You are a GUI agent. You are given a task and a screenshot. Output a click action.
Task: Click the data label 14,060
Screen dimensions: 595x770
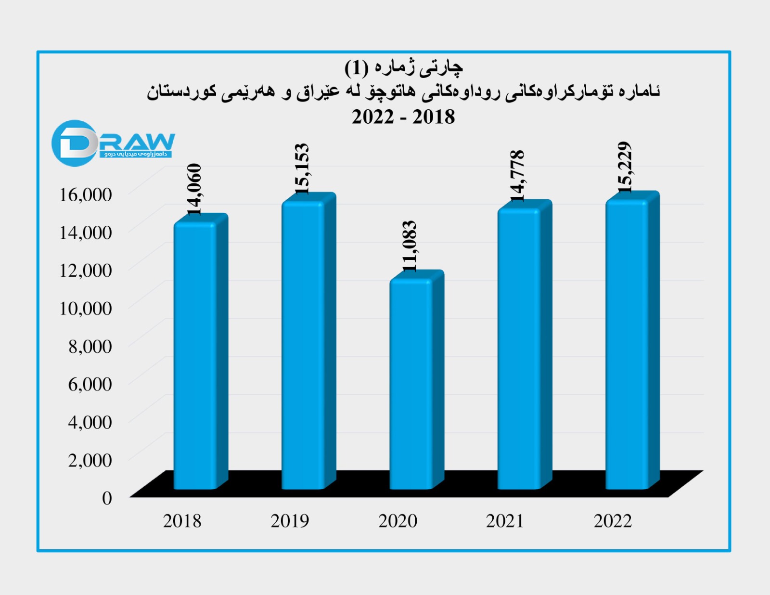click(194, 189)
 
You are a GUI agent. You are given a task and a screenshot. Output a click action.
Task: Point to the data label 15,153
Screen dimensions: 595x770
click(302, 168)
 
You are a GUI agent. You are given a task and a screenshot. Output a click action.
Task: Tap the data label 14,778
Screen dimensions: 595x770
click(517, 175)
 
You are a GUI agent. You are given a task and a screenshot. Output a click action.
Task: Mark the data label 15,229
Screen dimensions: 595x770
click(625, 168)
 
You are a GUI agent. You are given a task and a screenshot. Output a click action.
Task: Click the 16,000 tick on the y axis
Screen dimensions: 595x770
click(85, 194)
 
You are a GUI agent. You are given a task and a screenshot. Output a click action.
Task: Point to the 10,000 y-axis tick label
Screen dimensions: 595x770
click(85, 308)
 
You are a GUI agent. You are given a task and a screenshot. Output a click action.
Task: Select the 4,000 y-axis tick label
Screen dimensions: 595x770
click(90, 422)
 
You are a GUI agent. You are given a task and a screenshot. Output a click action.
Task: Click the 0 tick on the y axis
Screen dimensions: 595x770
click(107, 498)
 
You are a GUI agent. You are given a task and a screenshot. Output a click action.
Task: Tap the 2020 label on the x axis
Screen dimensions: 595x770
click(398, 521)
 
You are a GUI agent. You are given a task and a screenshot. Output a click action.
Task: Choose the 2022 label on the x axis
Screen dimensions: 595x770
click(613, 521)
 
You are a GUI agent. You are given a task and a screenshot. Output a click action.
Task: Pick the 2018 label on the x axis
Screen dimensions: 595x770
click(182, 521)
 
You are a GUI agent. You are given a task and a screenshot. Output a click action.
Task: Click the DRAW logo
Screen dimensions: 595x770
click(113, 143)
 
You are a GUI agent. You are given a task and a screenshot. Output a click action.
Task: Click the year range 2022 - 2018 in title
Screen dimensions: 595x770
click(403, 117)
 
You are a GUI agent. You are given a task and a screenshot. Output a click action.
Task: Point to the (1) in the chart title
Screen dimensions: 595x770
click(357, 68)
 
